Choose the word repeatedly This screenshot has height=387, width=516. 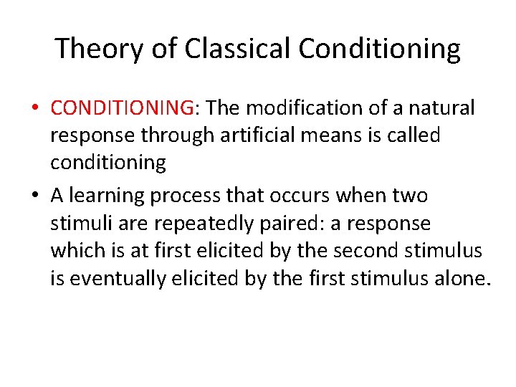click(x=194, y=224)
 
